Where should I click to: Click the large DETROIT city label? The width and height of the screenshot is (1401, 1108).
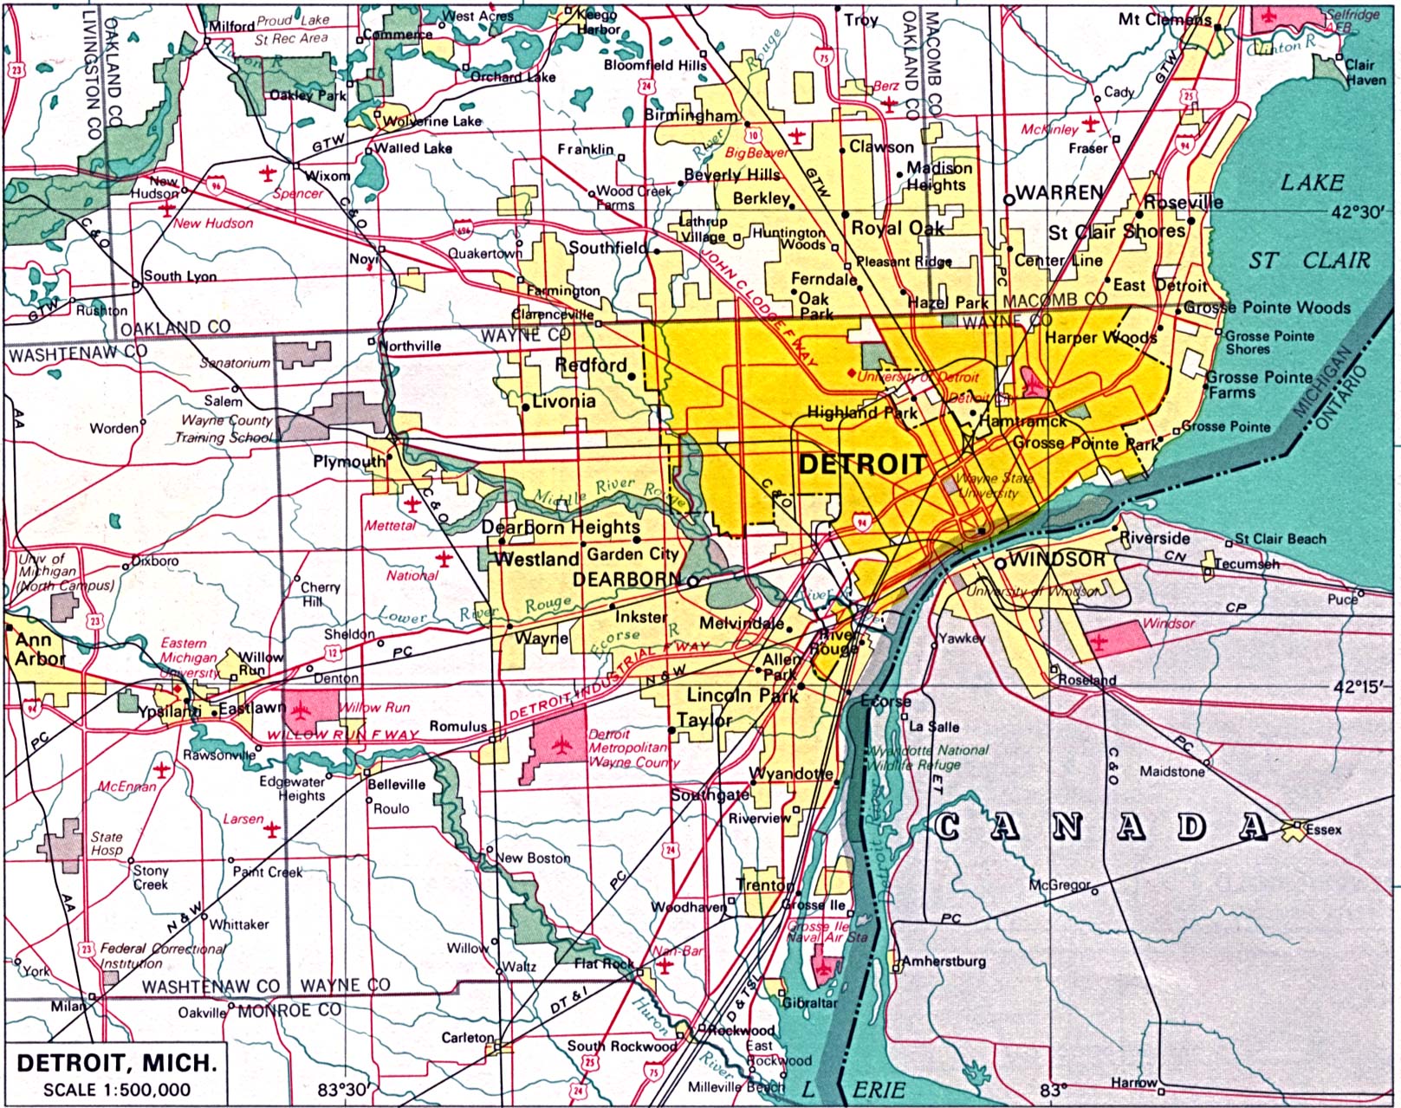coord(861,463)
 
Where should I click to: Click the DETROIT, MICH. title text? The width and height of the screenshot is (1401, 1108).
coord(116,1062)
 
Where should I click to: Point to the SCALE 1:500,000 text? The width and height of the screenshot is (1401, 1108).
coord(116,1090)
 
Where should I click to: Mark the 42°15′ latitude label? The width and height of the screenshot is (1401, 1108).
coord(1361,686)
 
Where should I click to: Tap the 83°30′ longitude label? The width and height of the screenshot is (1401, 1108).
coord(342,1089)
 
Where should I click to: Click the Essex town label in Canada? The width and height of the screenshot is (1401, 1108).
coord(1323,829)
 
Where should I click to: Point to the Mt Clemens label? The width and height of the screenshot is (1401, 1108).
coord(1164,18)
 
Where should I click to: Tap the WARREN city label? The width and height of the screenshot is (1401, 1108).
coord(1059,192)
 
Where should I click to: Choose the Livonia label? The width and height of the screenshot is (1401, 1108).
coord(563,401)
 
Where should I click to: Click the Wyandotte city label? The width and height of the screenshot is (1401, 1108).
coord(790,773)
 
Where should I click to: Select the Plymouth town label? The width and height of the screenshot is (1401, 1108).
coord(348,461)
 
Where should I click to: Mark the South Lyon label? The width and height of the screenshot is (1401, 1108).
coord(179,275)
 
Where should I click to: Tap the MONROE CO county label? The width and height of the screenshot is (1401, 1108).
coord(289,1010)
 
